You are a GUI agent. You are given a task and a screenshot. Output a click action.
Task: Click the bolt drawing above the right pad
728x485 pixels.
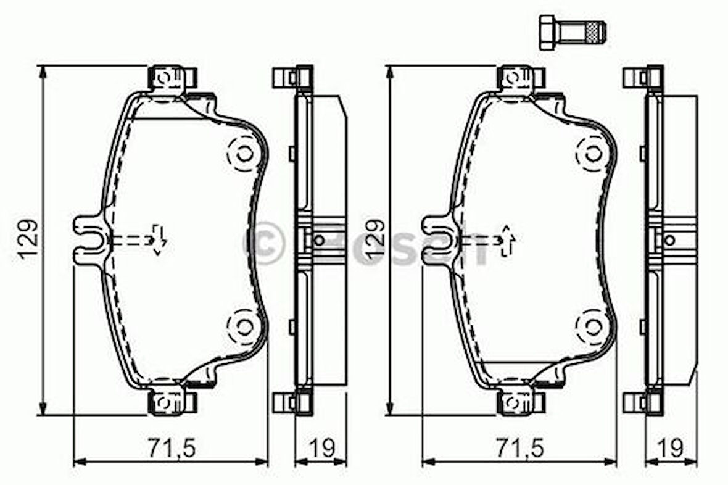571,31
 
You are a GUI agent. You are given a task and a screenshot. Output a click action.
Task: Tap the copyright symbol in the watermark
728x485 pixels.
264,243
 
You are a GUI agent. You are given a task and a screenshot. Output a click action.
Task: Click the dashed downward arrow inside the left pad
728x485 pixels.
158,239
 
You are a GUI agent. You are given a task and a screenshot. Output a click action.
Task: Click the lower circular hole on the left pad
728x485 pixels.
245,325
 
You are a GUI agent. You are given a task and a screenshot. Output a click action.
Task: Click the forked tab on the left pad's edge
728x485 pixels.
89,239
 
